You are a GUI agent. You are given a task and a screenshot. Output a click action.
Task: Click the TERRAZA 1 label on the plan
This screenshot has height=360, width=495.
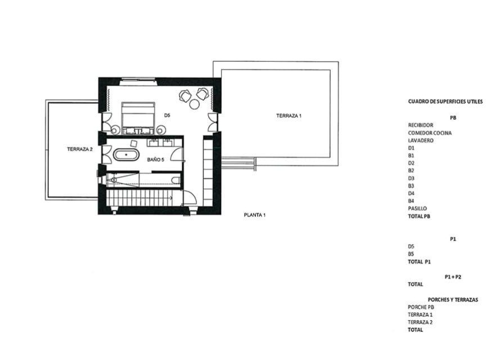[x=289, y=116]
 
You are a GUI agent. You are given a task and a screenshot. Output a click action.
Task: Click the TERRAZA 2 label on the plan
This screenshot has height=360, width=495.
[x=79, y=149]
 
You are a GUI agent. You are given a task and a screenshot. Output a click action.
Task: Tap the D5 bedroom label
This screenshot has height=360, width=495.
[x=167, y=115]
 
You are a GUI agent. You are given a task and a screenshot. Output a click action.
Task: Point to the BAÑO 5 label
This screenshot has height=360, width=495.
[x=156, y=160]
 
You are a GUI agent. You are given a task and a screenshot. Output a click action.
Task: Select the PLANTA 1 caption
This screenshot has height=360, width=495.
[x=254, y=215]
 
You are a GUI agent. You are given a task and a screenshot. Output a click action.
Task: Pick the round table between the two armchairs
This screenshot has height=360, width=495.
[x=194, y=104]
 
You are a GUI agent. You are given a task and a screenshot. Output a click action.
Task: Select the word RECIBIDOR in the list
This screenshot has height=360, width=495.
[x=421, y=125]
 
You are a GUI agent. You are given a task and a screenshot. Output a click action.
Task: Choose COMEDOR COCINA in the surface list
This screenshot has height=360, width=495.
[x=430, y=133]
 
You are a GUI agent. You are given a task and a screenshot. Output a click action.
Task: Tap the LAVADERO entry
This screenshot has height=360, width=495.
[x=421, y=140]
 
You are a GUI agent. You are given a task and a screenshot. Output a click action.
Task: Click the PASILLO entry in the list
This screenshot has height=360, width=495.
[x=417, y=209]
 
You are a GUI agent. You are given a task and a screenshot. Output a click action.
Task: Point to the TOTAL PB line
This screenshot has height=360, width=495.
[x=419, y=216]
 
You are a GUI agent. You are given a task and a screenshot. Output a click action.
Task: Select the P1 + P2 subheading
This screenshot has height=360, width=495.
[x=453, y=277]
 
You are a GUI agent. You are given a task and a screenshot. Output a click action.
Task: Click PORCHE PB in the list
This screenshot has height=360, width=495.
[x=421, y=307]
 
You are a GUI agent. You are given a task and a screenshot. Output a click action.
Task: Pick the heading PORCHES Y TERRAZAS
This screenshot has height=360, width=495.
[x=453, y=300]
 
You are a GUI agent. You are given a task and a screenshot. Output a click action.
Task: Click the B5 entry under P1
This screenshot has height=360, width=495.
[x=411, y=254]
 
